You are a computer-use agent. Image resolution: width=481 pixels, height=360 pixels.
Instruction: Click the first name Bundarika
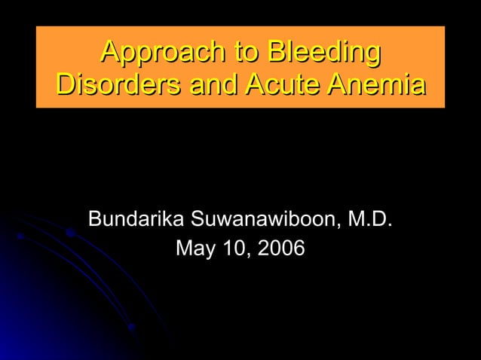point(136,219)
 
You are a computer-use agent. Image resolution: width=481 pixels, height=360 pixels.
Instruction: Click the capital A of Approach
point(111,53)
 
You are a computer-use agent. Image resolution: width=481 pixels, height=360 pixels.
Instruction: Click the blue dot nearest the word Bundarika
point(70,233)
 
